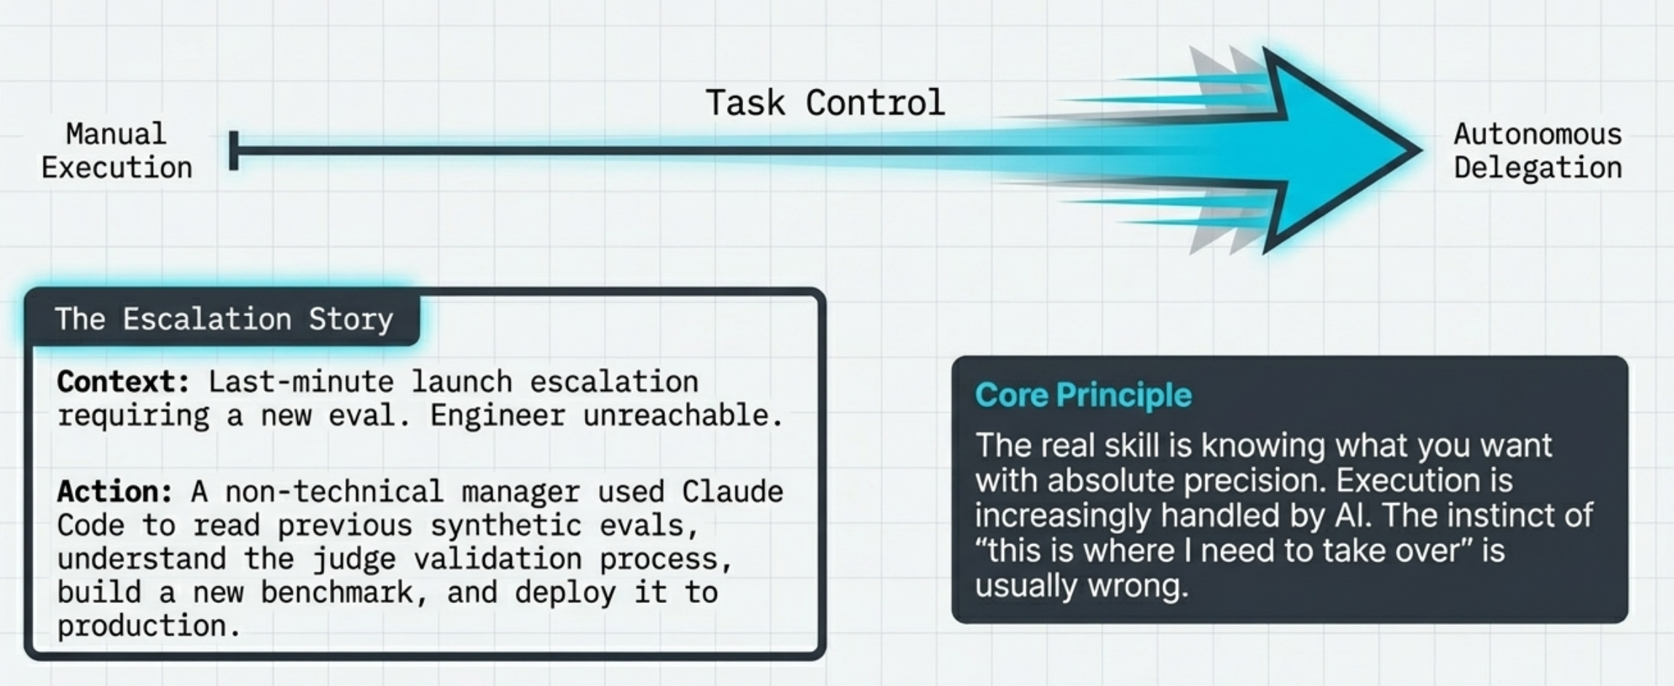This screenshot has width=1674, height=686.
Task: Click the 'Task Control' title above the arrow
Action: pyautogui.click(x=825, y=103)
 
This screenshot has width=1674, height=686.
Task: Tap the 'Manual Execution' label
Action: pyautogui.click(x=117, y=151)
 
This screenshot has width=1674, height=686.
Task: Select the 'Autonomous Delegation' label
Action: pyautogui.click(x=1538, y=151)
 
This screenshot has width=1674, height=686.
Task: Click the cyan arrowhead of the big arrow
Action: pyautogui.click(x=1340, y=151)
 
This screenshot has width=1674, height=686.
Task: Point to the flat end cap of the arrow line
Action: pyautogui.click(x=234, y=151)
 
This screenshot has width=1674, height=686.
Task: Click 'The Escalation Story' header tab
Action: pyautogui.click(x=223, y=319)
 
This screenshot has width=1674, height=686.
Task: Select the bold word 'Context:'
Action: pyautogui.click(x=123, y=382)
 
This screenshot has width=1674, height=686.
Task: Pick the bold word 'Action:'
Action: pyautogui.click(x=115, y=492)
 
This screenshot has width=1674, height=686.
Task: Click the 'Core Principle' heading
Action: pyautogui.click(x=1083, y=395)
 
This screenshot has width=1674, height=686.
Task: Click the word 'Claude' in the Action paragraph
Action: pyautogui.click(x=732, y=492)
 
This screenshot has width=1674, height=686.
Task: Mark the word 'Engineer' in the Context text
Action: pyautogui.click(x=498, y=416)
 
